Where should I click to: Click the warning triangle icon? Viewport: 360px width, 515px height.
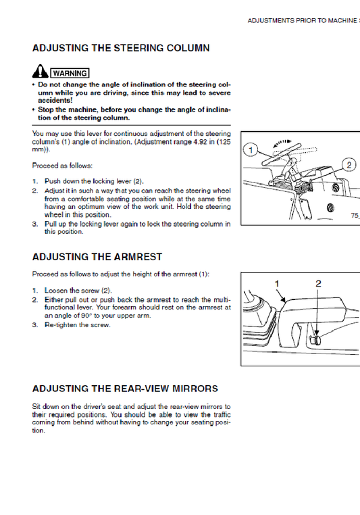40,71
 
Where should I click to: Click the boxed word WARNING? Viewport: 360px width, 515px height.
70,73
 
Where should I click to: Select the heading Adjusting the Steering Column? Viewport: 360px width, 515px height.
121,48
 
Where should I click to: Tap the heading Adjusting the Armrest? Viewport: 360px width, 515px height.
97,257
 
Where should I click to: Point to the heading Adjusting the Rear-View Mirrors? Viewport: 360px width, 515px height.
125,389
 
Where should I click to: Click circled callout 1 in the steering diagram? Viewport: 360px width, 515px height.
251,150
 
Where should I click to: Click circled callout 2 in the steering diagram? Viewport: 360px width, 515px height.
349,165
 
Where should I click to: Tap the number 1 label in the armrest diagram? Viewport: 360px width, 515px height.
277,283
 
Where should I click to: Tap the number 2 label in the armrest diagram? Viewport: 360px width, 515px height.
318,283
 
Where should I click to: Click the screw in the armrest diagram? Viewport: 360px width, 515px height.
315,340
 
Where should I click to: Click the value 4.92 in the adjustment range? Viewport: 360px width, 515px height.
199,142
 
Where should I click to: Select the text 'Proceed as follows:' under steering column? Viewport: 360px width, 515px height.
62,166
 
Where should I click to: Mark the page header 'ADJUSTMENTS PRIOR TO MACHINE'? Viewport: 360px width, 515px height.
302,21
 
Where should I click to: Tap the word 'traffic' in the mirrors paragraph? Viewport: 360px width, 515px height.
222,414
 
